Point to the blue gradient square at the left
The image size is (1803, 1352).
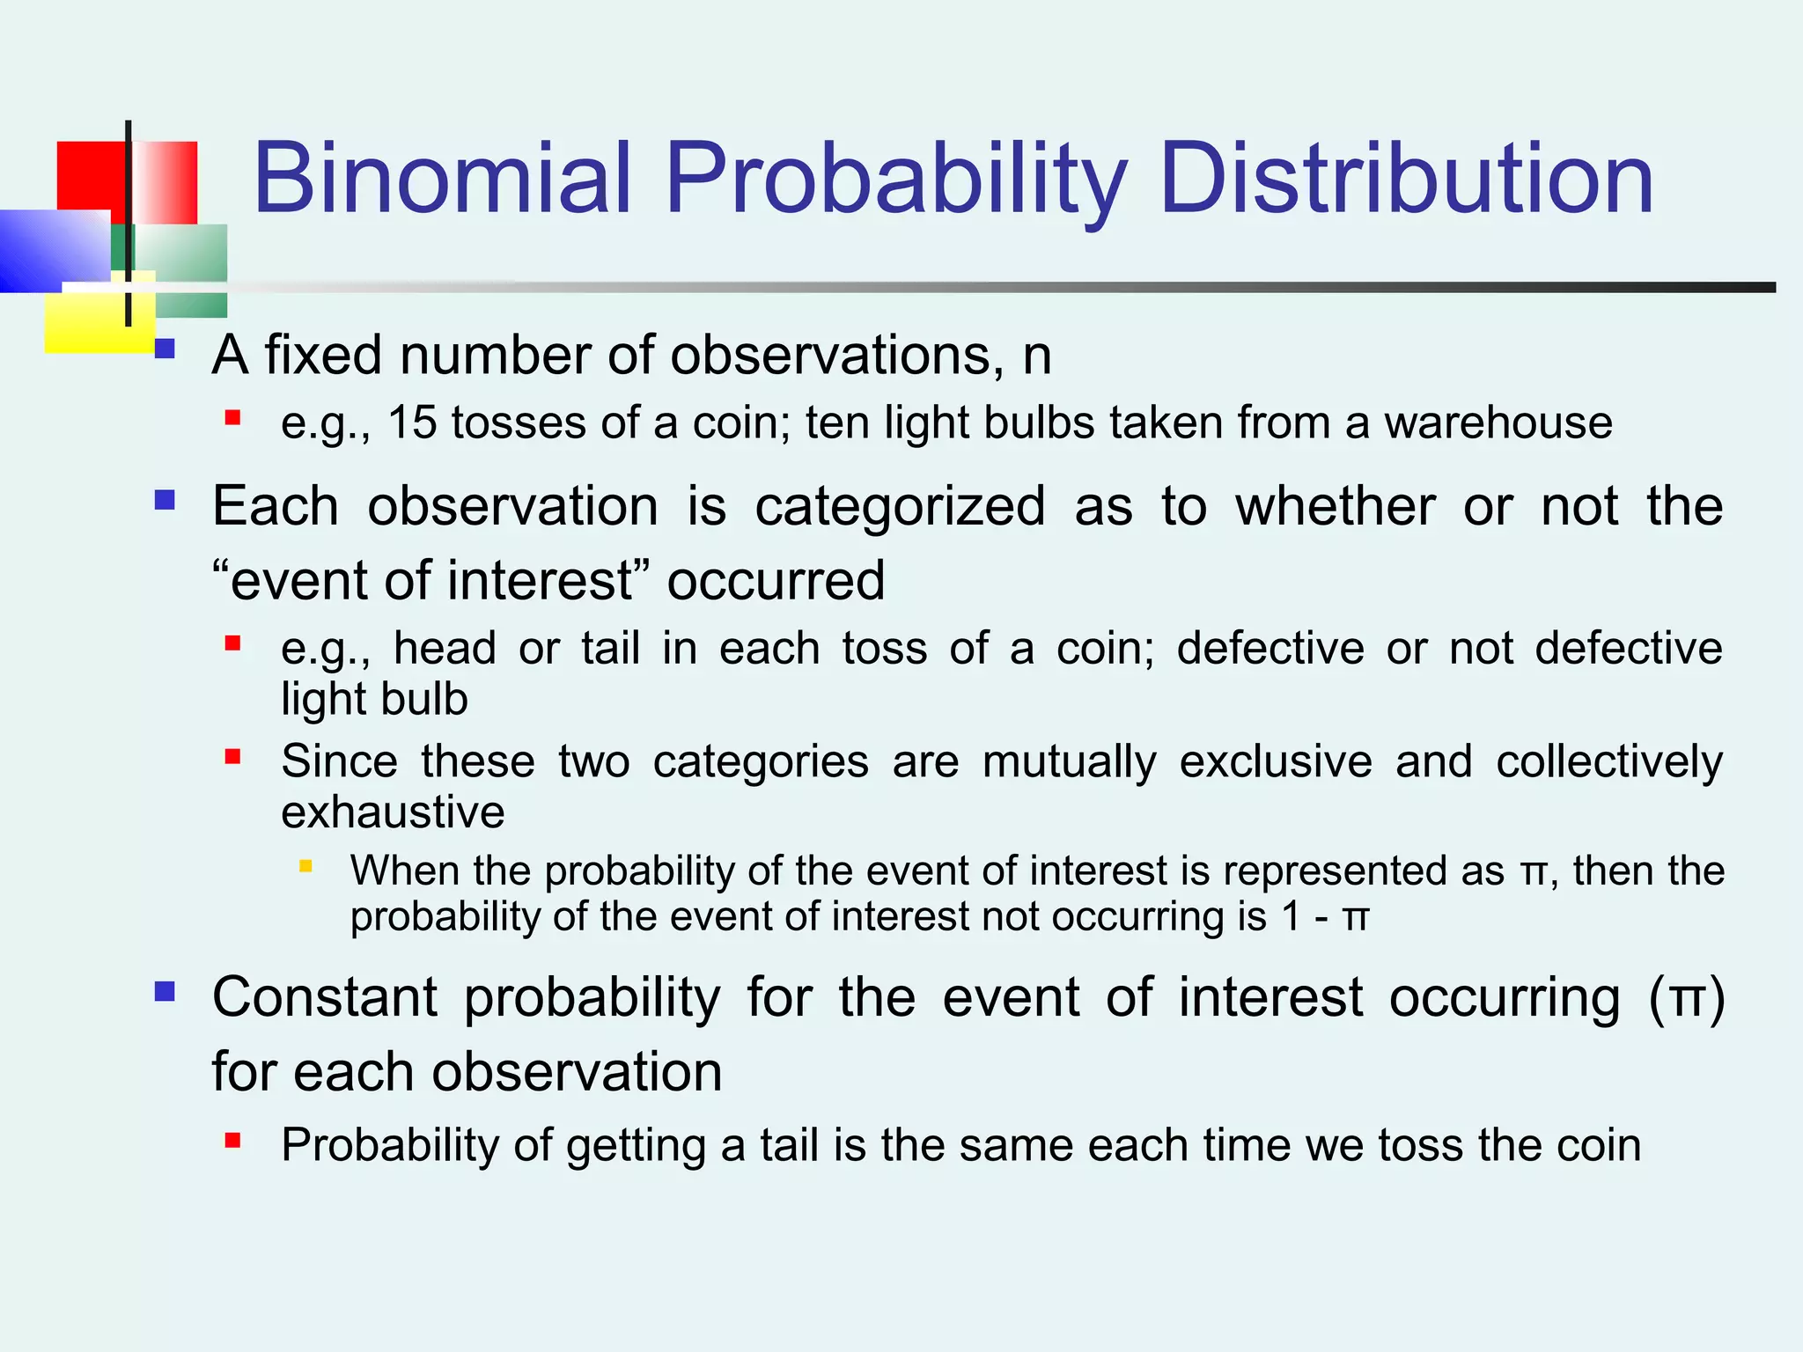48,251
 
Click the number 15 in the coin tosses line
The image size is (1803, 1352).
412,422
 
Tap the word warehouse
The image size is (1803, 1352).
1498,422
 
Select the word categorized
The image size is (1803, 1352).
899,507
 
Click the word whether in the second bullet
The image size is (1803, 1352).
1335,507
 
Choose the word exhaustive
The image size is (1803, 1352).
393,812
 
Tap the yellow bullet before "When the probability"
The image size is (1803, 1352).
305,866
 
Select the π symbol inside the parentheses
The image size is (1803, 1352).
1686,999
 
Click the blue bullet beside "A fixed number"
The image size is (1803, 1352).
165,350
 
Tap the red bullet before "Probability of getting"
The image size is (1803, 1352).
232,1142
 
